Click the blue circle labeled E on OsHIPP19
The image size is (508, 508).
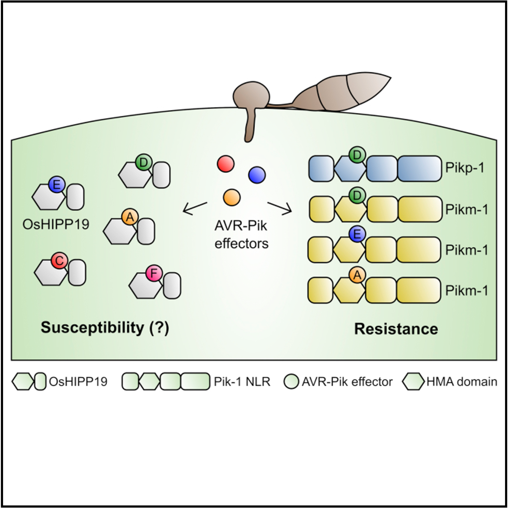coord(57,185)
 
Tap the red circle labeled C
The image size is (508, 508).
coord(59,261)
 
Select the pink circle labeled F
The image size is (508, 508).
coord(154,274)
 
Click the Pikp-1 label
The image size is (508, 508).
coord(465,168)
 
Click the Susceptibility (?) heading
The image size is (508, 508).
coord(105,328)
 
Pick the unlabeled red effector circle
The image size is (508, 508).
coord(225,163)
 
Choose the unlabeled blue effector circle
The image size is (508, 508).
coord(257,175)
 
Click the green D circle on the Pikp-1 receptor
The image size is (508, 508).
coord(357,155)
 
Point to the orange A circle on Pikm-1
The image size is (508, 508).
coord(357,275)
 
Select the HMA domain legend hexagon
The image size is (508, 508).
coord(413,381)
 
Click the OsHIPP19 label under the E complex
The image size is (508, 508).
coord(56,224)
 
